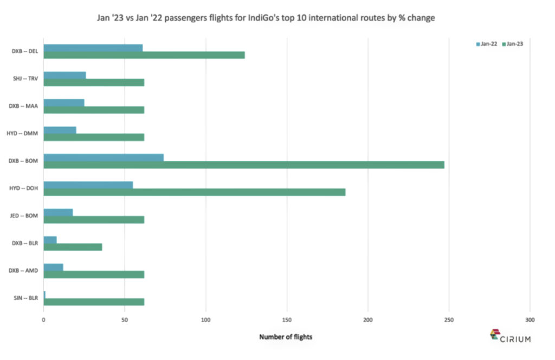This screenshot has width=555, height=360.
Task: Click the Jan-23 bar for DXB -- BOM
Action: [x=244, y=165]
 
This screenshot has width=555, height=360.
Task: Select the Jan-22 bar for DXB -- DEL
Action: [x=93, y=48]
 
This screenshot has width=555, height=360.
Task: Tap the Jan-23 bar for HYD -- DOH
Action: [x=194, y=192]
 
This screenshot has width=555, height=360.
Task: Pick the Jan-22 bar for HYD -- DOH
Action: [x=88, y=185]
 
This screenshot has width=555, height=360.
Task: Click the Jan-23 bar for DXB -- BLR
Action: [x=73, y=247]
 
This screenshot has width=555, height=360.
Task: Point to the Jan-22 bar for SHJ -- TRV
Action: [x=64, y=75]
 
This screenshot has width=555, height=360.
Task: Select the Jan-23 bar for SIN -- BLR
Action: [x=94, y=302]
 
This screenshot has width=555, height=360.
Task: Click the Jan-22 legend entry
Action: [x=486, y=44]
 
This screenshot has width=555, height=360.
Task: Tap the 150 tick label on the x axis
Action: [x=287, y=320]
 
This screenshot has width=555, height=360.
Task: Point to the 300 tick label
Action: [x=530, y=320]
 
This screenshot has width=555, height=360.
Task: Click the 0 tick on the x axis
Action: [x=43, y=320]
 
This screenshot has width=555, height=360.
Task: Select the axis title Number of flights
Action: [x=286, y=337]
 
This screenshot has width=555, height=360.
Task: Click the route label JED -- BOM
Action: [x=25, y=216]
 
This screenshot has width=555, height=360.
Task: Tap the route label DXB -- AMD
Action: [x=24, y=271]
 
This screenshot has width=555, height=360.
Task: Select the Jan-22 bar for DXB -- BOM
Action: [x=104, y=157]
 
